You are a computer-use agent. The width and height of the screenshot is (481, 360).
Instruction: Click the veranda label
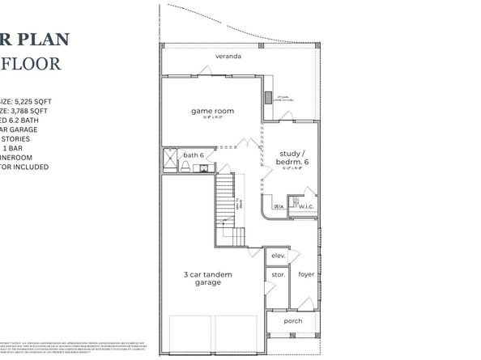[229, 57]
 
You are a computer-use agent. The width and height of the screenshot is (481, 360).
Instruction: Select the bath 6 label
[193, 155]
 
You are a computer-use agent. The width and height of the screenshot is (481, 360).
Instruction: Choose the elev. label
[279, 256]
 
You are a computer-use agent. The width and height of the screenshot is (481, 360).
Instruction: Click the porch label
[292, 320]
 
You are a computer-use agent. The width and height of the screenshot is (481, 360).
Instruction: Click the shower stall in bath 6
[170, 159]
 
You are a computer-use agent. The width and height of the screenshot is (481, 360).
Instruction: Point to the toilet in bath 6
[185, 167]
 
